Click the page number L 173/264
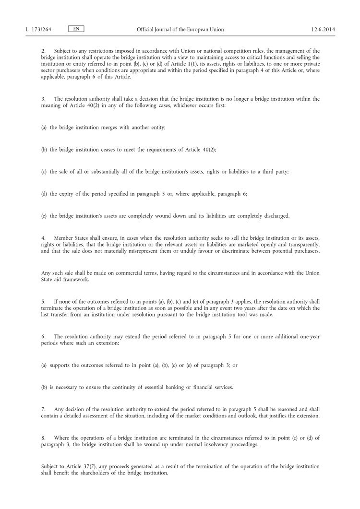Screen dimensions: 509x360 click(x=38, y=30)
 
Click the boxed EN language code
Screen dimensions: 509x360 click(x=76, y=29)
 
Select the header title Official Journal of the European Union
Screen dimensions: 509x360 click(x=180, y=30)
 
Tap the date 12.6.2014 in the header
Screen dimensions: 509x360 click(x=323, y=30)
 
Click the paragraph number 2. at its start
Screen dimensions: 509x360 click(x=43, y=51)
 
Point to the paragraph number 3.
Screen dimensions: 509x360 click(x=43, y=99)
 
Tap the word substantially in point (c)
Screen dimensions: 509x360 click(x=98, y=172)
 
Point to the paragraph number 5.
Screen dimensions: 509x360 click(x=43, y=302)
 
